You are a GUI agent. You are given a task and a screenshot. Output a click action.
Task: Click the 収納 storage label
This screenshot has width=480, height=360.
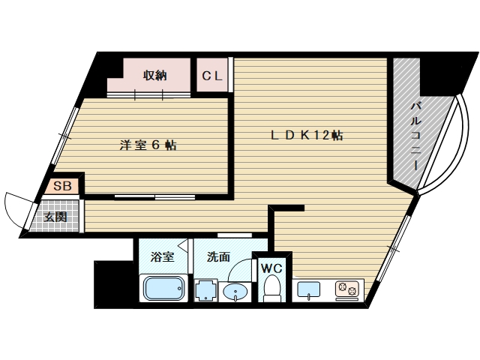pyautogui.click(x=155, y=75)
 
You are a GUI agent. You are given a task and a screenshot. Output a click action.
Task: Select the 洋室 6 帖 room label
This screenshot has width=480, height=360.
pyautogui.click(x=148, y=145)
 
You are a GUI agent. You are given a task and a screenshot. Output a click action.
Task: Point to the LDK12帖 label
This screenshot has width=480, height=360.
pyautogui.click(x=307, y=136)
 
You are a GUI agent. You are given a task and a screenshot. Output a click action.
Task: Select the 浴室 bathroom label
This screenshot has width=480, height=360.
pyautogui.click(x=162, y=257)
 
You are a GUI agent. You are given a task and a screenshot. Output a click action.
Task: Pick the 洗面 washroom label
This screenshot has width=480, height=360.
pyautogui.click(x=219, y=257)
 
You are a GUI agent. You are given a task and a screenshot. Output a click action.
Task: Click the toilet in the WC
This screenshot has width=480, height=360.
pyautogui.click(x=271, y=289)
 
